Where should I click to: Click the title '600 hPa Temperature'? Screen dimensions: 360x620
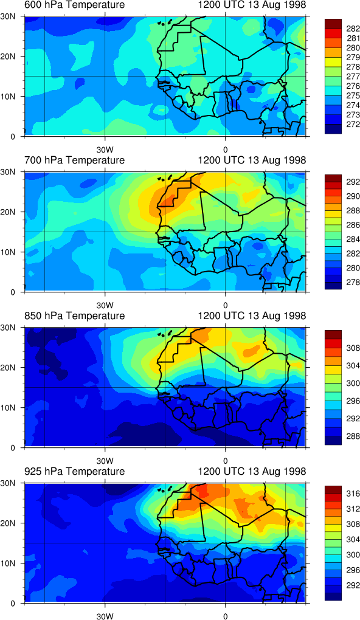74,5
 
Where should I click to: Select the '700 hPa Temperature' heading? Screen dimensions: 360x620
74,160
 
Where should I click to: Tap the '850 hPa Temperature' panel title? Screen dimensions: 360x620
74,315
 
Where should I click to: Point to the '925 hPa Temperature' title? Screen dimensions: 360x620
74,471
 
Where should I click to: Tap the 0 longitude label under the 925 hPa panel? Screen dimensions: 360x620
225,616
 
